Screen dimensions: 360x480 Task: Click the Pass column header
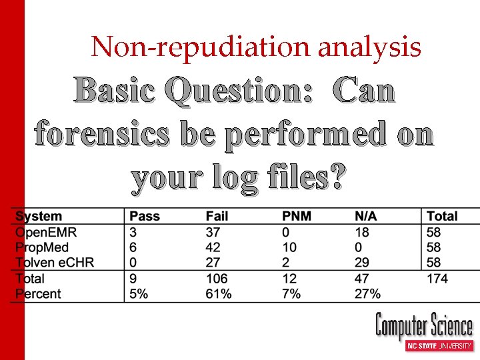coord(145,217)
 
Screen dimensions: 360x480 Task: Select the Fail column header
coord(217,217)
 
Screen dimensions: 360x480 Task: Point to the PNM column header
coord(297,217)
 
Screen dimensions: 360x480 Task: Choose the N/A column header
coord(366,217)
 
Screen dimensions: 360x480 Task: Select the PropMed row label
coord(44,247)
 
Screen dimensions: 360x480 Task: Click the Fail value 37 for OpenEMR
coord(213,233)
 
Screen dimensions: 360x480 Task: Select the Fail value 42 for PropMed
coord(213,247)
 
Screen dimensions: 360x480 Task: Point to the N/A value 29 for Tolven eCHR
coord(361,263)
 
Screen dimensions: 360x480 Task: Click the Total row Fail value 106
coord(217,279)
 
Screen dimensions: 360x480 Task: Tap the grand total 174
coord(437,279)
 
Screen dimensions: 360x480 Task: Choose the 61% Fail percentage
coord(219,294)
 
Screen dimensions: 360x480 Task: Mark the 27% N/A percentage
coord(367,294)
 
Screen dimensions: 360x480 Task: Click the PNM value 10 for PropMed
coord(290,247)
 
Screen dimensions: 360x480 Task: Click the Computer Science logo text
coord(424,327)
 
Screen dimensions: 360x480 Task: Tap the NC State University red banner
coord(440,346)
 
